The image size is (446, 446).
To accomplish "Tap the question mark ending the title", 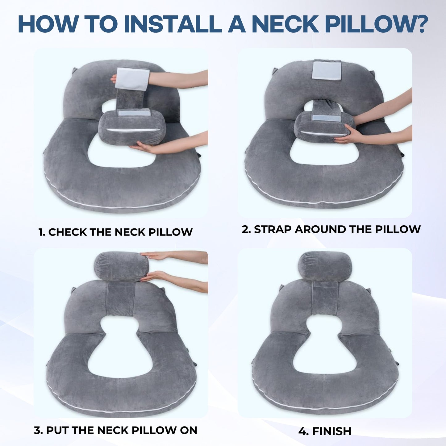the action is point(419,24).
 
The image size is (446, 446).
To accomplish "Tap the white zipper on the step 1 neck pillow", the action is point(134,130).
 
